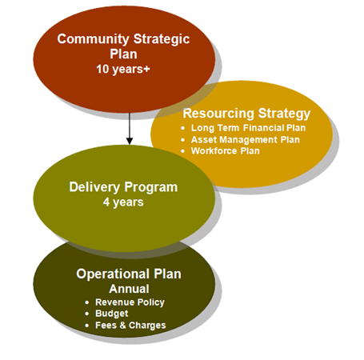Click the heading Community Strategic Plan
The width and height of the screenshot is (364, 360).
click(x=123, y=46)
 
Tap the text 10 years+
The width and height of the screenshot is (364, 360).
click(x=123, y=70)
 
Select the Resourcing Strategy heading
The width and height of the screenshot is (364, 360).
click(x=246, y=114)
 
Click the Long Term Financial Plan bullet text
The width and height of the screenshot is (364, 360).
click(x=248, y=128)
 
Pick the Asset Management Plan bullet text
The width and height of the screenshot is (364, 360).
click(x=246, y=139)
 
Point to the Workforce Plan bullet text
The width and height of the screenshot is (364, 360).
click(x=226, y=151)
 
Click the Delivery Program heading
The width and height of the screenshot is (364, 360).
click(x=123, y=187)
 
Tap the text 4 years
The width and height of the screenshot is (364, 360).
click(x=123, y=202)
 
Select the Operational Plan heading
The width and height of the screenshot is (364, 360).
click(x=129, y=274)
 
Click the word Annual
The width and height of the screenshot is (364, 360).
click(x=129, y=289)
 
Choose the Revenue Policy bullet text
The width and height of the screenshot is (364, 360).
click(x=130, y=302)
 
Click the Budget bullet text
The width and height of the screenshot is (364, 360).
click(x=112, y=314)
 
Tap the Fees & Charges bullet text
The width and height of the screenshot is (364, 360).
click(x=130, y=326)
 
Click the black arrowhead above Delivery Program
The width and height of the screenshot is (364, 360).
click(x=130, y=141)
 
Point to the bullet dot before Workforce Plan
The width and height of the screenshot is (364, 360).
click(x=182, y=151)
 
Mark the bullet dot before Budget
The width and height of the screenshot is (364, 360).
click(x=86, y=314)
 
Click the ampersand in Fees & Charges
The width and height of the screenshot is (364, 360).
click(x=122, y=326)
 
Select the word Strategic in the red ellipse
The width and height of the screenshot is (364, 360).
click(x=162, y=39)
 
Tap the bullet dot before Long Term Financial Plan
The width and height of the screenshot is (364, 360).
click(x=182, y=128)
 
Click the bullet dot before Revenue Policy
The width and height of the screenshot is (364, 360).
click(x=86, y=302)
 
